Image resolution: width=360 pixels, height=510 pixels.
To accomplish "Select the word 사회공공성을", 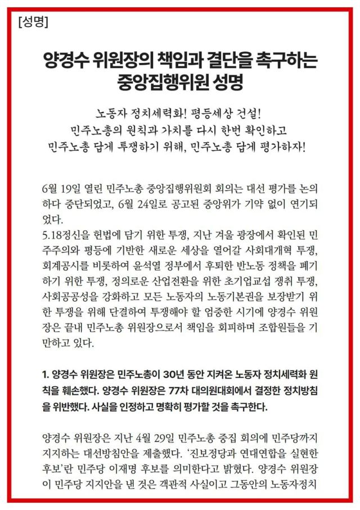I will (71, 296).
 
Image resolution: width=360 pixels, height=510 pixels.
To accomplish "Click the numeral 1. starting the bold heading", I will (47, 374).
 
